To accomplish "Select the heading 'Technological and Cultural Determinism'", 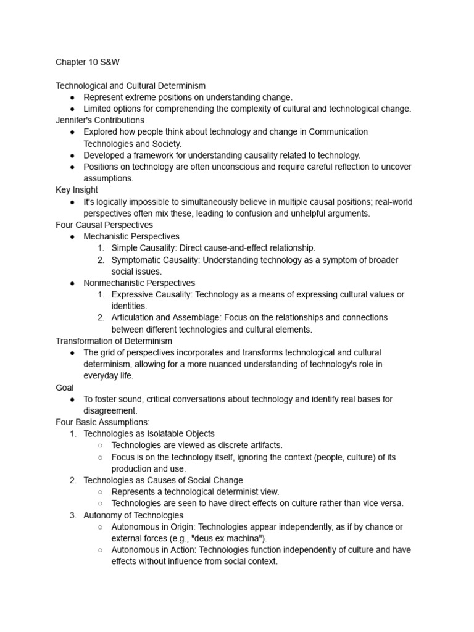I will [x=131, y=86].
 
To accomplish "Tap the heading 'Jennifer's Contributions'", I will [x=100, y=120].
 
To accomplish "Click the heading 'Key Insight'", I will [x=77, y=190].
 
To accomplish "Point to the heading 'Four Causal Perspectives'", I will [x=104, y=225].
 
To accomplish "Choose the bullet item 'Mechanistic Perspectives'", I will [x=131, y=236].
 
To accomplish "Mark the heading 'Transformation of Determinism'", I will [x=114, y=341].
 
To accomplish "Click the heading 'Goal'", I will [x=65, y=388].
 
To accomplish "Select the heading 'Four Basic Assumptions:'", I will [x=102, y=422].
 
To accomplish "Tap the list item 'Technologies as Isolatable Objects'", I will [x=149, y=434].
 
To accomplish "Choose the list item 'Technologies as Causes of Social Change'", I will [x=163, y=480].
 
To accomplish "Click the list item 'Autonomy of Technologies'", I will [x=133, y=515].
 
